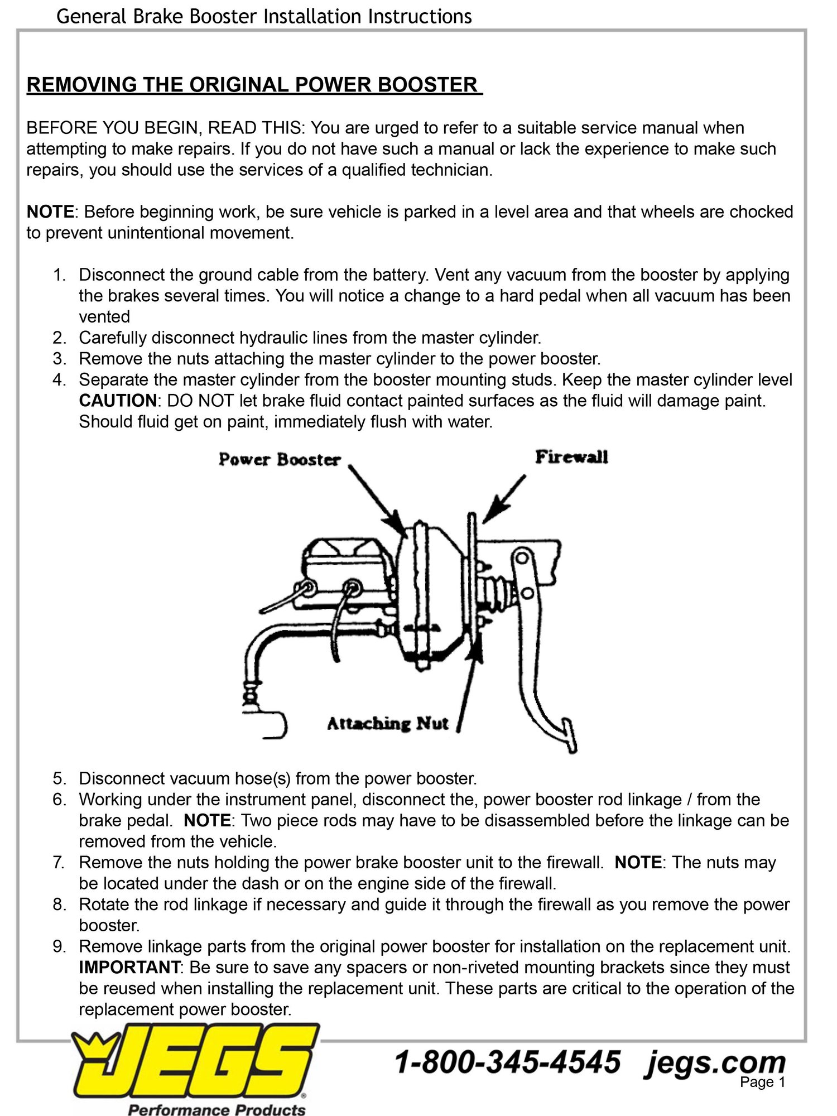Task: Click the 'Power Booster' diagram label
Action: pos(279,460)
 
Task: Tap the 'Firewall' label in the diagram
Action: pos(571,458)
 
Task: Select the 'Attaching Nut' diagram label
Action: pos(387,724)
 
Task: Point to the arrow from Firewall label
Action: pos(504,499)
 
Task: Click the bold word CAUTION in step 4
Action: pos(118,401)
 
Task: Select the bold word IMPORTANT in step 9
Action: pos(129,967)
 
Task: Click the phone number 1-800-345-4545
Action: pos(508,1062)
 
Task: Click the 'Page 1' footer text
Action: pos(762,1082)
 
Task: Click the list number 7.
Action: pos(59,862)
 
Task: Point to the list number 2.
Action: pos(59,338)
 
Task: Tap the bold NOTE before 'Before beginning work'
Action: pos(50,212)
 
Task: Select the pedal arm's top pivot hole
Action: pos(522,557)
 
